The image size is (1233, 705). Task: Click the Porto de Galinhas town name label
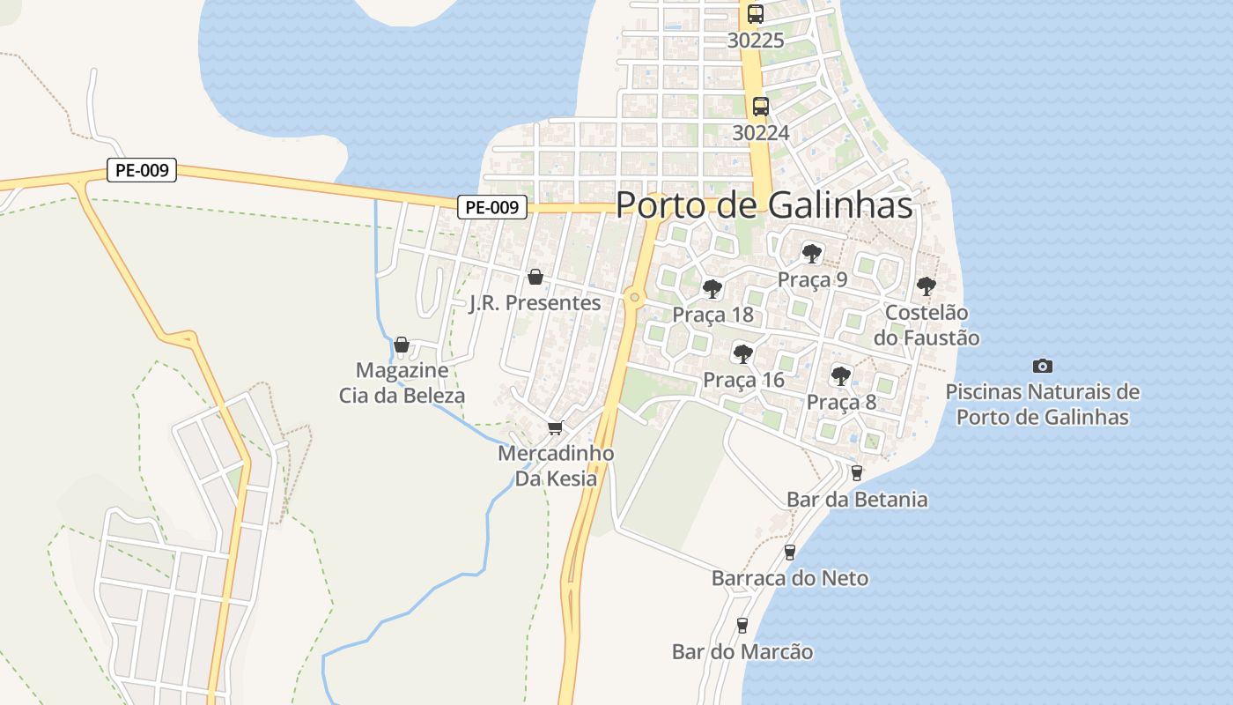(x=764, y=205)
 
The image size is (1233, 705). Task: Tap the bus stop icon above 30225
(x=756, y=14)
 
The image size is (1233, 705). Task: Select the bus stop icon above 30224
(x=761, y=107)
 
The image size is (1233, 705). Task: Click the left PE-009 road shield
(x=142, y=170)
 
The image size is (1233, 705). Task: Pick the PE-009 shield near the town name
(x=491, y=207)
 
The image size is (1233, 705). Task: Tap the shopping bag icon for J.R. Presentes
(x=535, y=278)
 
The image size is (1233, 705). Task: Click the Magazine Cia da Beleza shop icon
(x=402, y=345)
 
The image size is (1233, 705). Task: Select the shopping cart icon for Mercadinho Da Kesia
(x=555, y=428)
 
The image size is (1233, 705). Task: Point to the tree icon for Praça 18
(x=712, y=288)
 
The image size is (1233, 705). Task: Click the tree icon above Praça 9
(x=812, y=254)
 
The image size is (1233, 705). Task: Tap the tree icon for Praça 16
(x=743, y=354)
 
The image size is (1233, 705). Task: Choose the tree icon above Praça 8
(x=841, y=376)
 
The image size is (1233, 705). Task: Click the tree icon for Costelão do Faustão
(x=926, y=286)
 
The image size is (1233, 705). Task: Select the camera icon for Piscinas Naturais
(x=1042, y=366)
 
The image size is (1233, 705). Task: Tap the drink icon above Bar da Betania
(x=856, y=473)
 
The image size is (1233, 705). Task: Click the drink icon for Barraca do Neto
(x=789, y=553)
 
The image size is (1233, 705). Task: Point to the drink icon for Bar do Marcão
(x=742, y=626)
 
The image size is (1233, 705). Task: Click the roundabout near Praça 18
(x=634, y=298)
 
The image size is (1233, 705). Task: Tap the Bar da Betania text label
(x=856, y=500)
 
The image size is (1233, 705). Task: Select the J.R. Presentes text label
(x=535, y=303)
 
